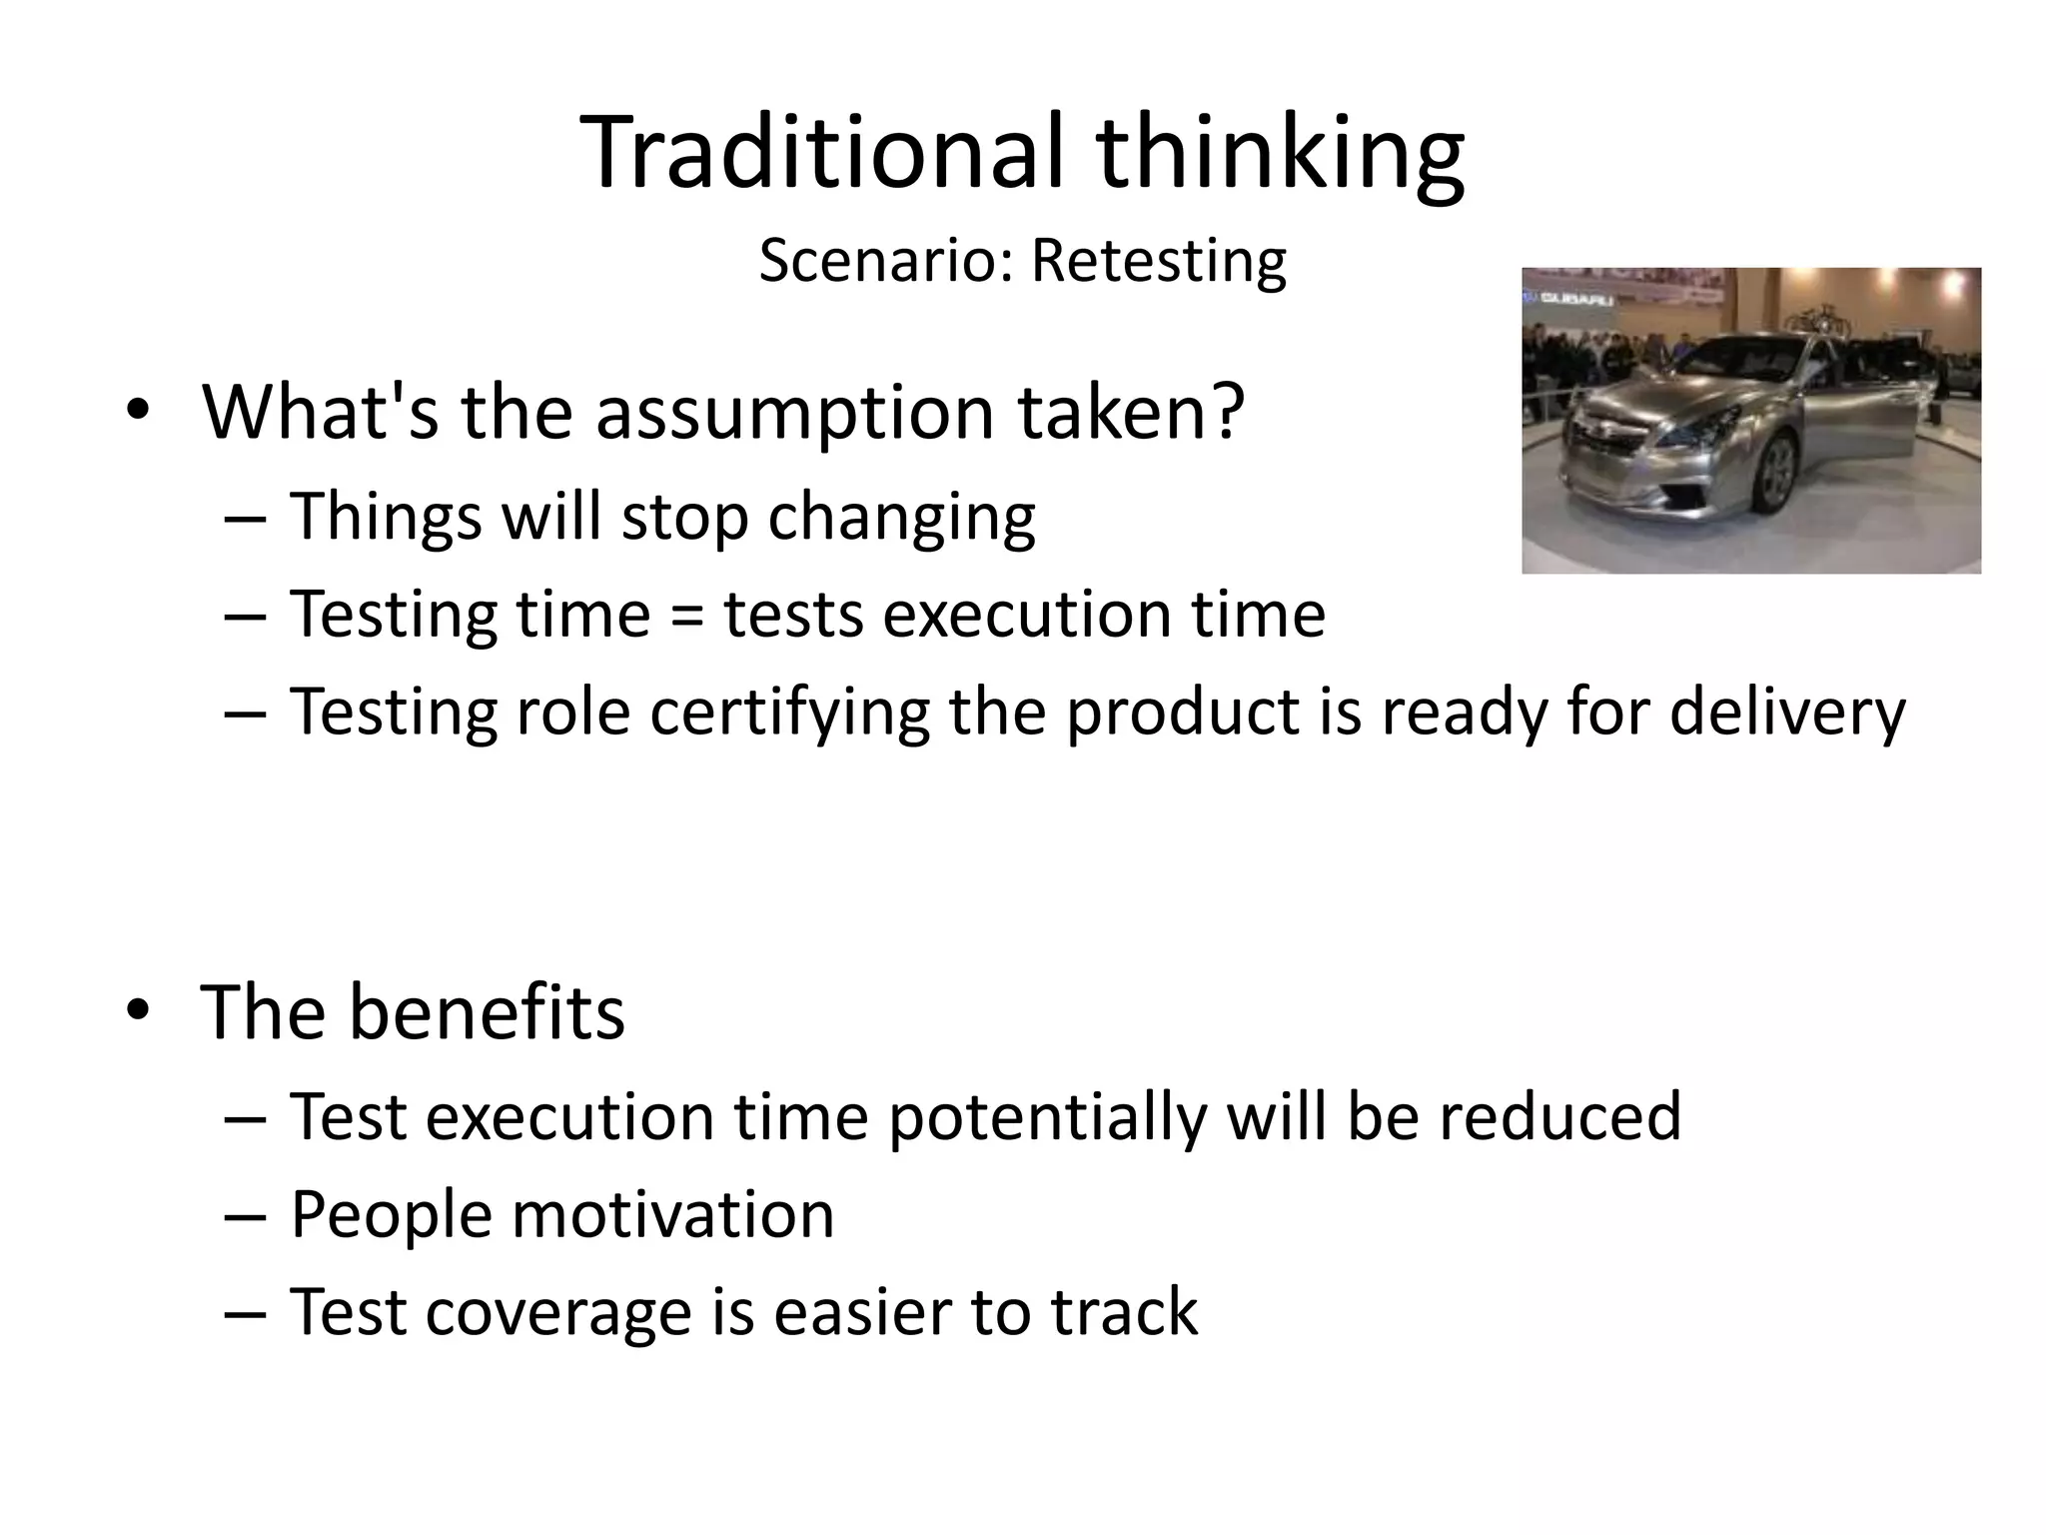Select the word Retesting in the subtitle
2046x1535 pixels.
(x=1158, y=262)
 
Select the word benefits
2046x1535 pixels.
(x=487, y=1011)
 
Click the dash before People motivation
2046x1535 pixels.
(x=246, y=1216)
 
